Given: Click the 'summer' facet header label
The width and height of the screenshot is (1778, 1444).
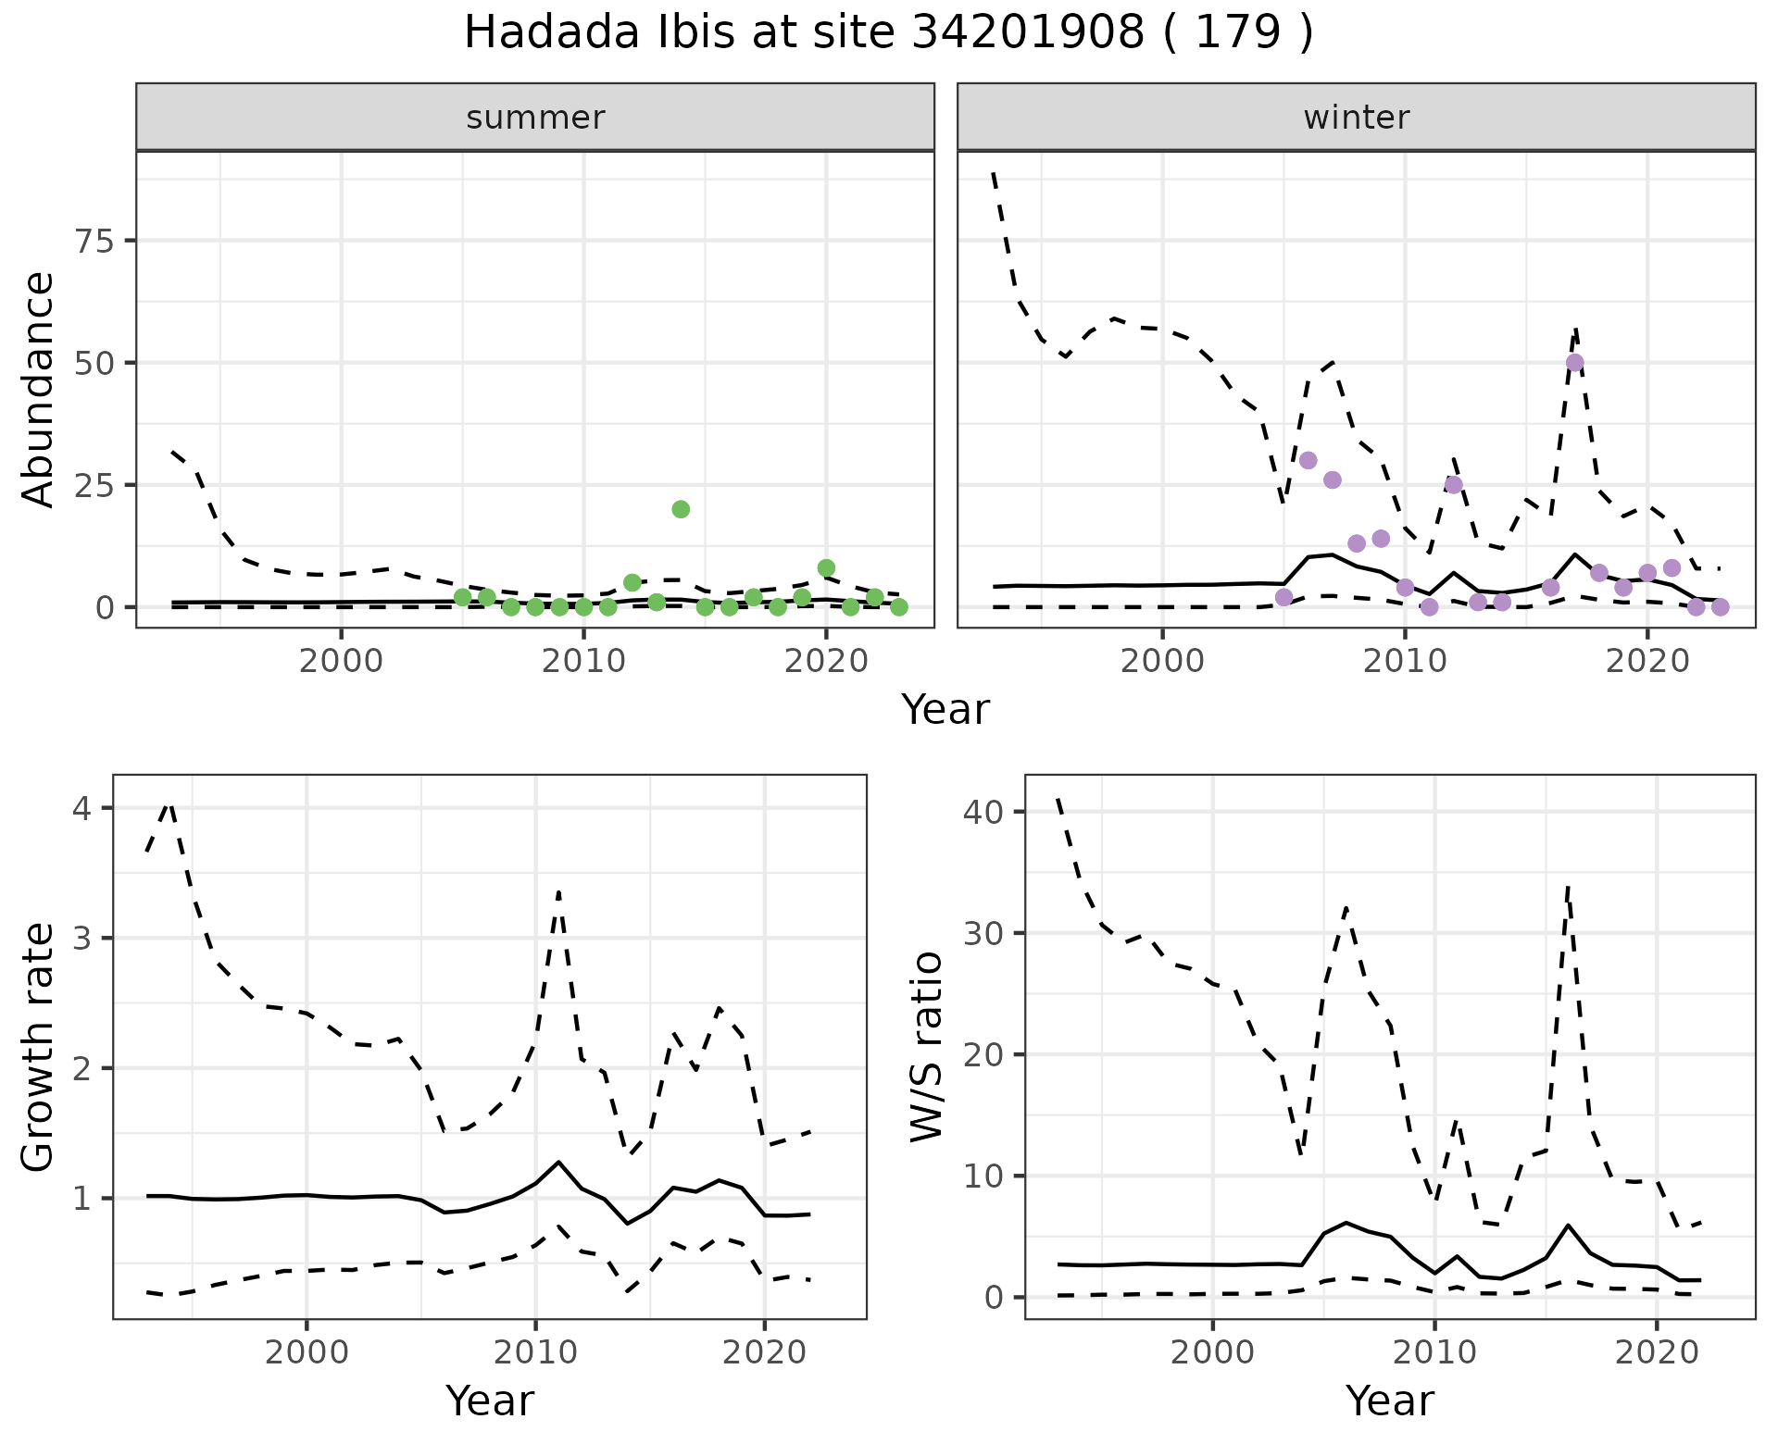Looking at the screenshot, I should (535, 118).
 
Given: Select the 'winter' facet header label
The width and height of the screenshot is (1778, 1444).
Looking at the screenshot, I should (1356, 118).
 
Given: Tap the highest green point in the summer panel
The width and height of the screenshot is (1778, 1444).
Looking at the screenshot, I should (681, 509).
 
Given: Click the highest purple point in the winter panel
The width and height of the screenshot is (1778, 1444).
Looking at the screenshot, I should (1574, 362).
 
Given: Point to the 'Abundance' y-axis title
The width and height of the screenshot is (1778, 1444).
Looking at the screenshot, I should (39, 389).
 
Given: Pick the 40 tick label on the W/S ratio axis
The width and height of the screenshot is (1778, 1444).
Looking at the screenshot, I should (983, 812).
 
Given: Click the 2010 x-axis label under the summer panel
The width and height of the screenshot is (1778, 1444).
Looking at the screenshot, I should (583, 662).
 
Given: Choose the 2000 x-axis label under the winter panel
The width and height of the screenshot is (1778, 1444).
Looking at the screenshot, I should (1162, 662).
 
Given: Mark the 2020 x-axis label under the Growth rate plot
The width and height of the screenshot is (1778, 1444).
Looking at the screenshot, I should (764, 1352).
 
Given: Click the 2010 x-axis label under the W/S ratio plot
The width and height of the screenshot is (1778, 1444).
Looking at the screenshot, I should (1434, 1352).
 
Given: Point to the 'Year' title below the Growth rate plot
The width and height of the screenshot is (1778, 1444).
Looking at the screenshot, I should (490, 1400).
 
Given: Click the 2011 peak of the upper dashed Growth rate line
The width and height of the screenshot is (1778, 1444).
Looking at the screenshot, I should (558, 890).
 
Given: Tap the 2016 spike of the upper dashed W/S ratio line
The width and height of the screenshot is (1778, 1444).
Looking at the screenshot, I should (1567, 886).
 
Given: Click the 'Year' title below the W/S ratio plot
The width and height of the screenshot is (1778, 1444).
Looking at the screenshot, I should (1390, 1400).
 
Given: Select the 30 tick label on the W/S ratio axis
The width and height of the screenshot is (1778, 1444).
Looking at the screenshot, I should (983, 933).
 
